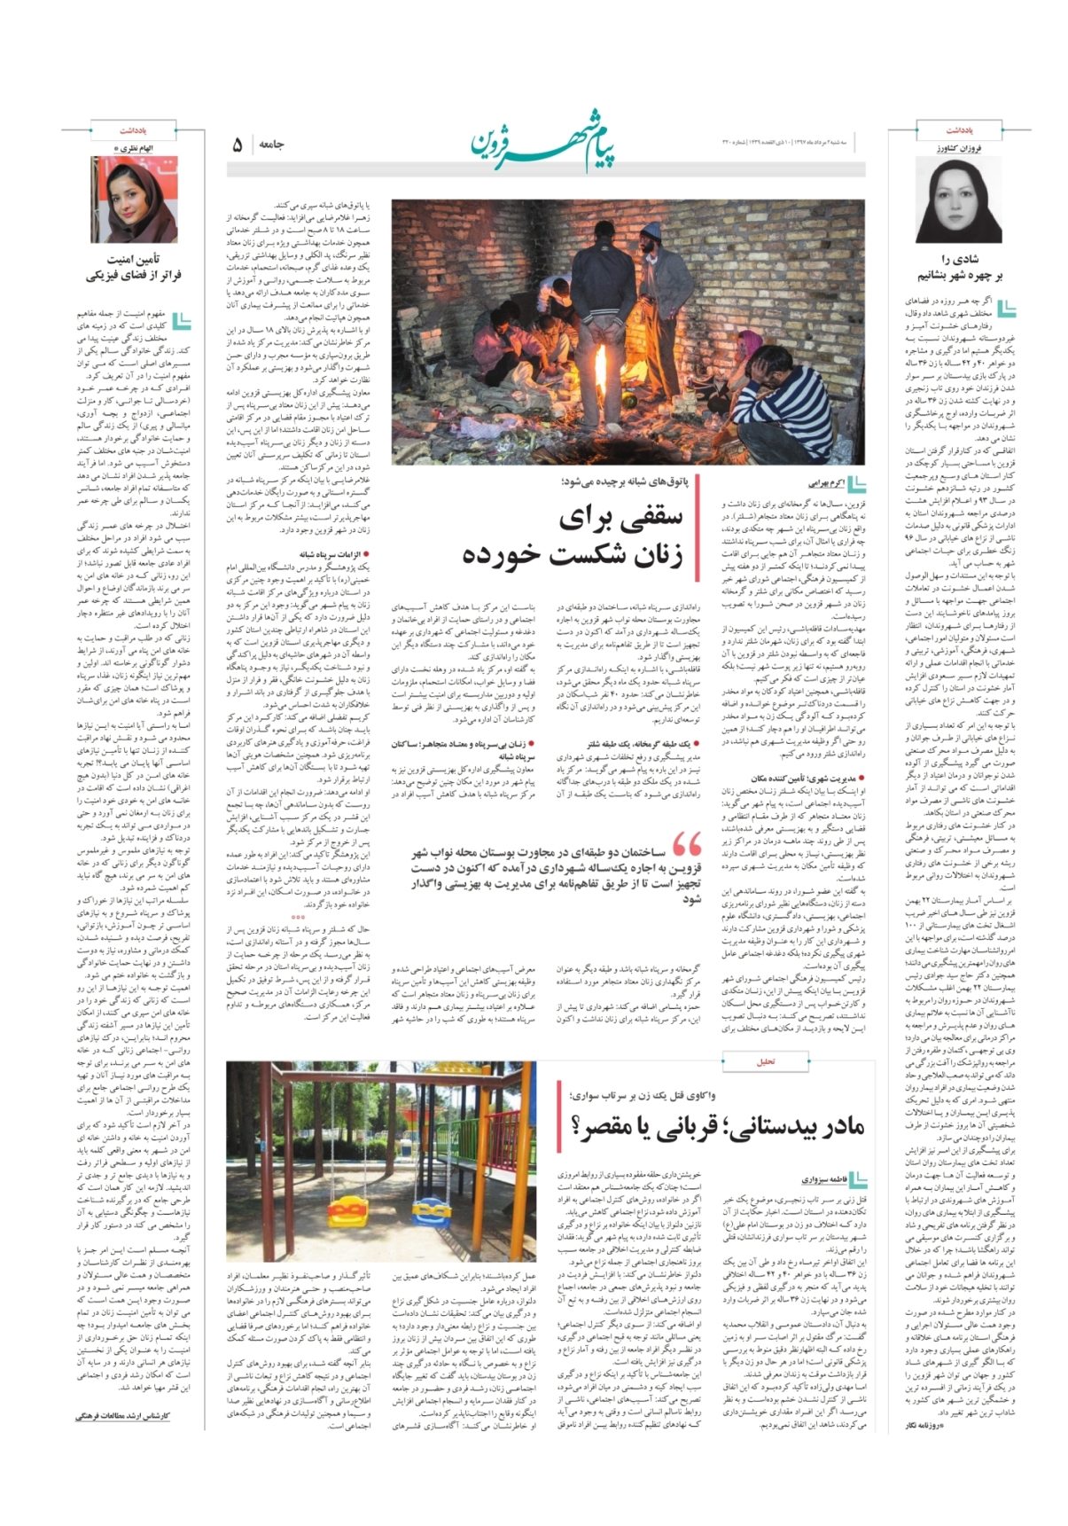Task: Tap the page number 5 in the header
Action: pos(237,145)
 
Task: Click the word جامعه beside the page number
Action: pos(270,145)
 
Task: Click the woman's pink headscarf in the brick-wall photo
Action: pos(751,340)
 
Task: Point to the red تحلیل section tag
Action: pos(766,1061)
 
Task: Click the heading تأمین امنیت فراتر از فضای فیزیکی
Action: pos(133,267)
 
